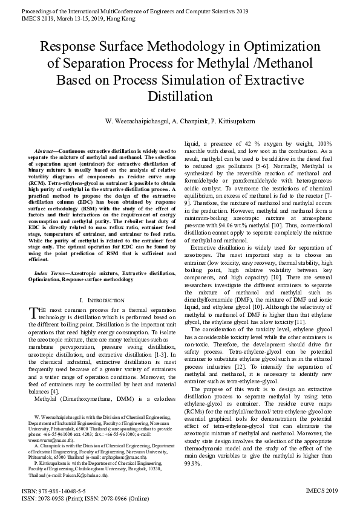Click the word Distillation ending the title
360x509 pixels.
click(180, 97)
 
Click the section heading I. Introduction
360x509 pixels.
click(102, 300)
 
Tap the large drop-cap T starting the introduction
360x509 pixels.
click(34, 313)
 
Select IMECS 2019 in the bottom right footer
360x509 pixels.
click(322, 491)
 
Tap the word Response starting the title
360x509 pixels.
click(68, 46)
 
